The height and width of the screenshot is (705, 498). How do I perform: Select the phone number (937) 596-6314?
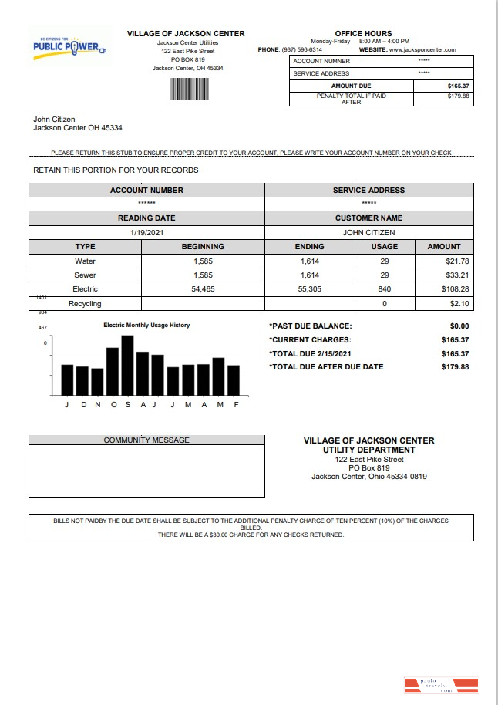301,49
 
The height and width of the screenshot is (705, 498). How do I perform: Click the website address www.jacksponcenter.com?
423,49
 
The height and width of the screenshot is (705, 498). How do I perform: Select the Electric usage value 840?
384,289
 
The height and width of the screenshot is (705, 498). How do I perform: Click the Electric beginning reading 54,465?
203,289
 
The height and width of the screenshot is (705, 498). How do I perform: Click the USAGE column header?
384,247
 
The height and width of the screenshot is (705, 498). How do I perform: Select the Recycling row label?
85,304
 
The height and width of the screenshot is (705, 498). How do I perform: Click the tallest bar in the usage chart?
128,365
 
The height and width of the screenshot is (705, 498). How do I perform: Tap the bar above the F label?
234,379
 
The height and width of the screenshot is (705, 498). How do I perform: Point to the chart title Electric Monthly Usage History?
146,326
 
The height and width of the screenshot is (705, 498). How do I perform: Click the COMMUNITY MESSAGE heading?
146,440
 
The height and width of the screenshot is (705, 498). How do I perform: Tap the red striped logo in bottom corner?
441,683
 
